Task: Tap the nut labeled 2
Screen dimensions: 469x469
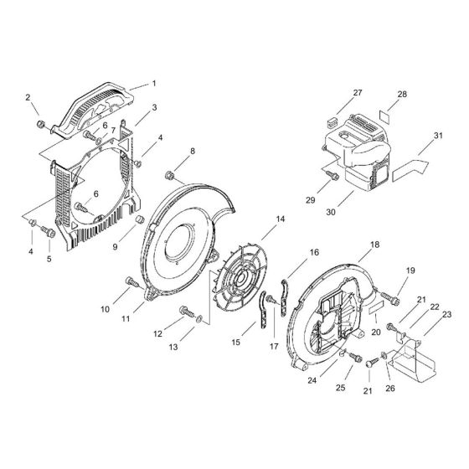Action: (x=39, y=126)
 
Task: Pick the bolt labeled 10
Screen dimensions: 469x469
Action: (x=131, y=281)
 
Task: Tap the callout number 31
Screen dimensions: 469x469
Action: (x=438, y=137)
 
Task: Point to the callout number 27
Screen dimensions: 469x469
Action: (x=358, y=92)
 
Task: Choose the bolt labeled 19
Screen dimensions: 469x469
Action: (x=386, y=295)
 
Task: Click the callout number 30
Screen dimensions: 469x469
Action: (x=331, y=213)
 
